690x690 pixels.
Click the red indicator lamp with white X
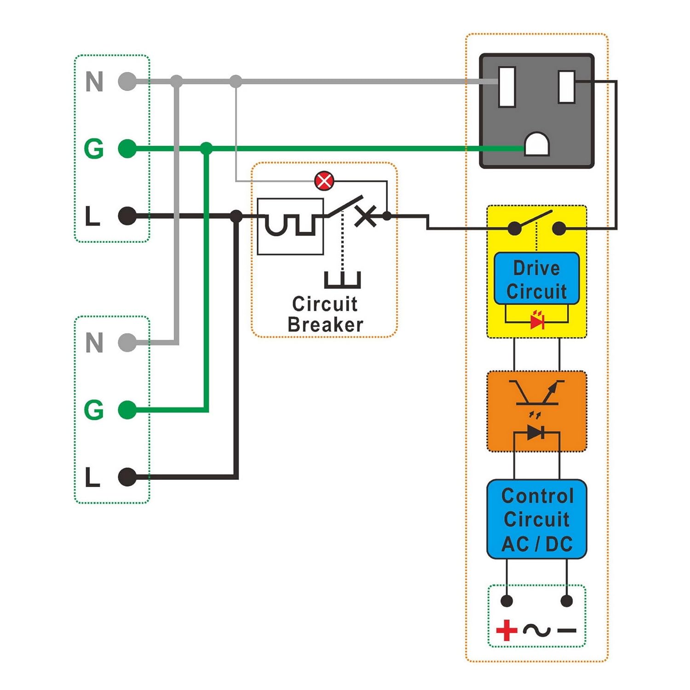click(x=324, y=181)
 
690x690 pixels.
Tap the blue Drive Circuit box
click(x=536, y=279)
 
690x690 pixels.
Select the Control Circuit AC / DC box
click(x=536, y=519)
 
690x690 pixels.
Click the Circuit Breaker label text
click(x=325, y=314)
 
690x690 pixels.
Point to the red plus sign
click(x=506, y=630)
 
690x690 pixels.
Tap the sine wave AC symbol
click(x=536, y=630)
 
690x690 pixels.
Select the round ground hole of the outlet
click(x=537, y=145)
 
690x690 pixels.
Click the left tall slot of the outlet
click(x=507, y=86)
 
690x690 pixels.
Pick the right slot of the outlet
click(x=566, y=86)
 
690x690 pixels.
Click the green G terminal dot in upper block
click(x=127, y=149)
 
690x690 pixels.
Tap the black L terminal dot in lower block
click(x=127, y=477)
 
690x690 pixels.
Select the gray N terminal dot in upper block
click(x=127, y=81)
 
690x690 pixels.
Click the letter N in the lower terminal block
click(x=94, y=343)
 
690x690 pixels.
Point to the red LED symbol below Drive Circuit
click(x=537, y=321)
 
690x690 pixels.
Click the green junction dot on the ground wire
click(x=207, y=149)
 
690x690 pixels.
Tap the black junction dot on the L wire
click(x=236, y=216)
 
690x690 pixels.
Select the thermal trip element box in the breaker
click(x=290, y=226)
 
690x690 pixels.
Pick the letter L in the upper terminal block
click(x=93, y=216)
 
